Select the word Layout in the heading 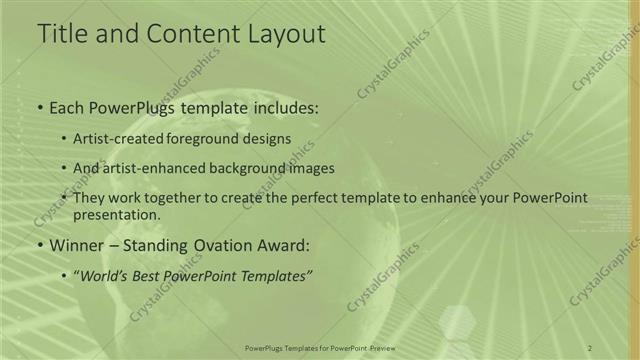click(x=282, y=33)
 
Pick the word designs click(x=270, y=138)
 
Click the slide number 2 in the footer click(x=590, y=347)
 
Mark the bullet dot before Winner click(x=39, y=245)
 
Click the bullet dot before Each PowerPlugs click(x=39, y=107)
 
